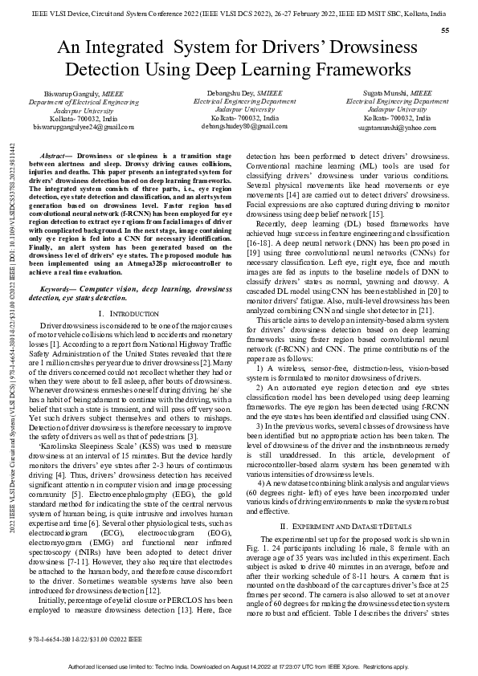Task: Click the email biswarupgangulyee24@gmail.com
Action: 72,127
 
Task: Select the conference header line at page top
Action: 239,13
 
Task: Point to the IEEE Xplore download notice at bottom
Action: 239,667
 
